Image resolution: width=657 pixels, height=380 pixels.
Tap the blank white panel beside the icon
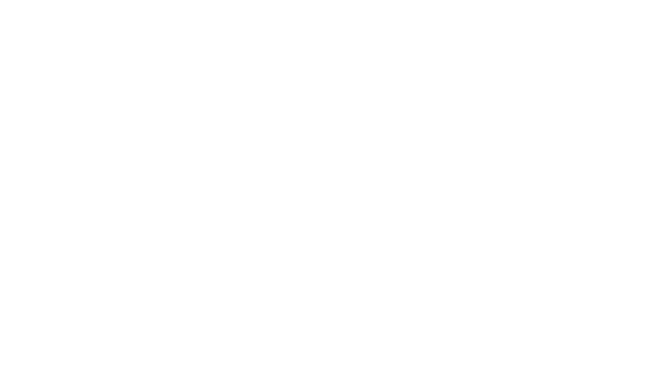518,190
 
